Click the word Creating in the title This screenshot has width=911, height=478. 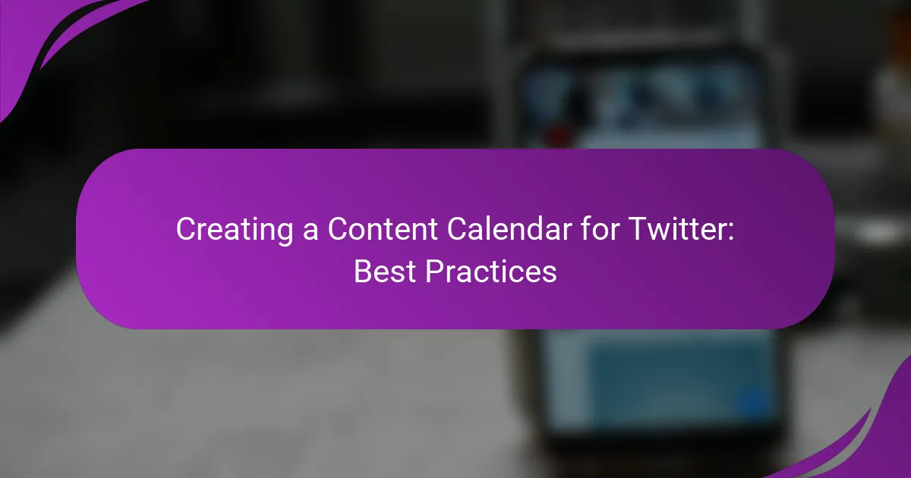235,230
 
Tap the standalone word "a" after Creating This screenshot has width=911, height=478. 310,232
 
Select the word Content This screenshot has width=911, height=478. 383,229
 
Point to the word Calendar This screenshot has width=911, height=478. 509,228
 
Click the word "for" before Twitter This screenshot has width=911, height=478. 599,228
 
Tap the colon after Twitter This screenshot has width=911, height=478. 731,232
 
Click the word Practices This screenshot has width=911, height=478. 491,272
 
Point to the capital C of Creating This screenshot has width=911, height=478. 187,229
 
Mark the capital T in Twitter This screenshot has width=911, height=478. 638,229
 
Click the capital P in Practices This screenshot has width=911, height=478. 435,272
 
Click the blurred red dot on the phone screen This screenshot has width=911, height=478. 560,134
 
